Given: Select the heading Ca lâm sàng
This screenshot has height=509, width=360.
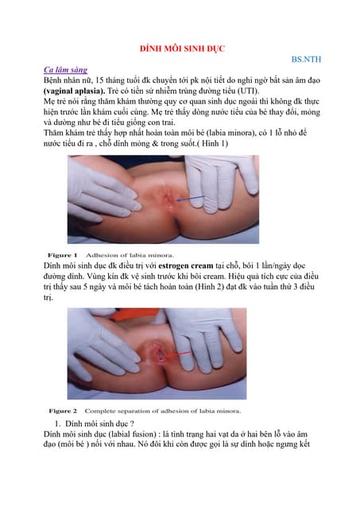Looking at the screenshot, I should (66, 71).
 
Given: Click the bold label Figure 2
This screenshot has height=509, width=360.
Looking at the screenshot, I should (66, 410).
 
